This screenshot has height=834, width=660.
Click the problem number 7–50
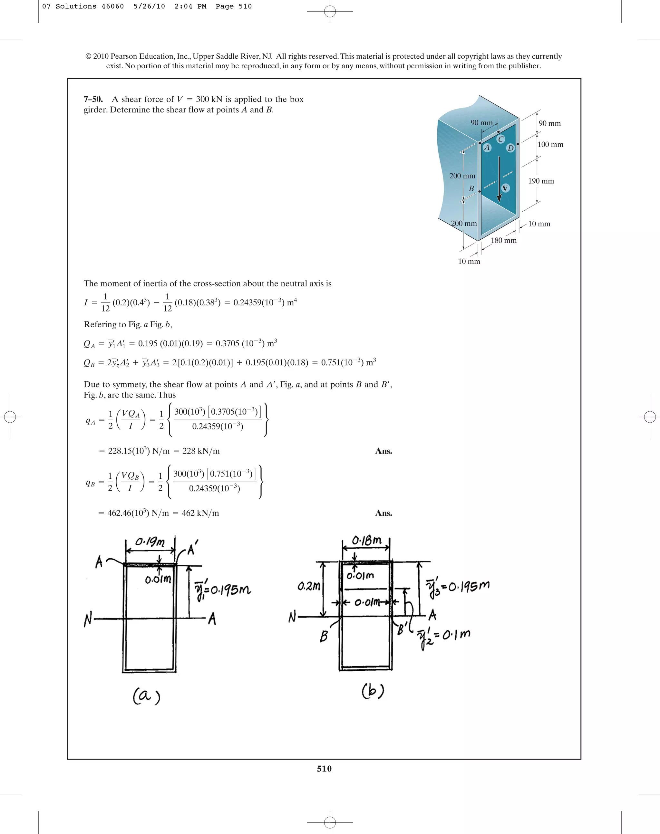click(x=93, y=99)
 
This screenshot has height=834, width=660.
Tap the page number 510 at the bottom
click(x=324, y=768)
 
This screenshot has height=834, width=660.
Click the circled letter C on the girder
click(x=501, y=139)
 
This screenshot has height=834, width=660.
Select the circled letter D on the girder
click(x=510, y=148)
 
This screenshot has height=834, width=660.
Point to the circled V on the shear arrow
click(x=505, y=188)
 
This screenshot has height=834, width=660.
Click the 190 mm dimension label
click(x=541, y=181)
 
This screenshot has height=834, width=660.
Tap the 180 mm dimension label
click(x=503, y=240)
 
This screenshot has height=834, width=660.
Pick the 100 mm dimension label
click(x=550, y=144)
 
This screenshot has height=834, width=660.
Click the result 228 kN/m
click(x=201, y=451)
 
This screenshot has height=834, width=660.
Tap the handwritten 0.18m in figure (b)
click(x=366, y=541)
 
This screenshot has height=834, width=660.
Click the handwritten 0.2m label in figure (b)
click(x=309, y=587)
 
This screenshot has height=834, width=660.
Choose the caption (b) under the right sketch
click(x=373, y=691)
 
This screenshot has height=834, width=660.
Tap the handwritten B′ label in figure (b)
click(x=402, y=630)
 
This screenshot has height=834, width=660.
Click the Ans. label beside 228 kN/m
click(x=383, y=451)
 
